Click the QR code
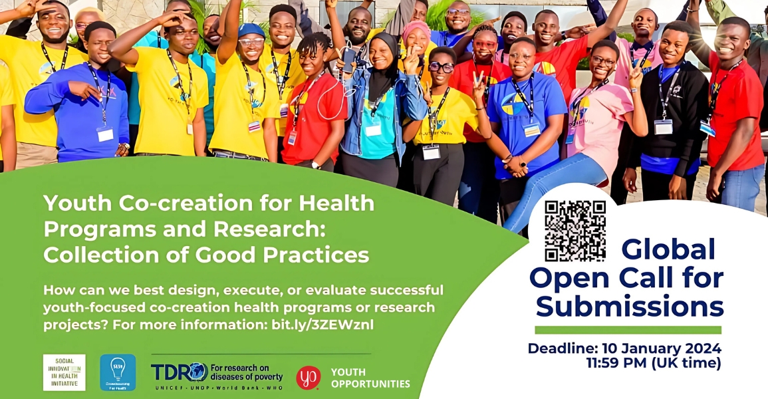tap(575, 231)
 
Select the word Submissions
tap(629, 307)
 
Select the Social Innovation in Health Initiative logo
tap(64, 372)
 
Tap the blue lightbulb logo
tap(118, 372)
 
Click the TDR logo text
tap(179, 372)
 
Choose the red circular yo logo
tap(308, 377)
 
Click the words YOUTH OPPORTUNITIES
tap(370, 378)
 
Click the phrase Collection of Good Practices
tap(206, 254)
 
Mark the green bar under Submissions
tap(628, 330)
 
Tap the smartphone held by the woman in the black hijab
tap(348, 60)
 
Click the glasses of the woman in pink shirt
tap(602, 61)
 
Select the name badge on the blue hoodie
tap(105, 134)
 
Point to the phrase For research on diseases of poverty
tap(247, 372)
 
